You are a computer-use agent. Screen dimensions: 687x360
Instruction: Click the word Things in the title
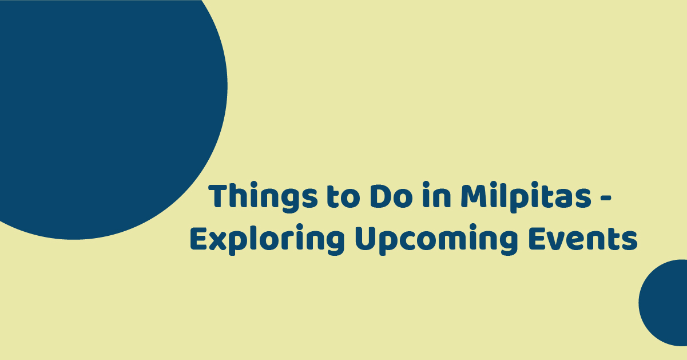point(263,197)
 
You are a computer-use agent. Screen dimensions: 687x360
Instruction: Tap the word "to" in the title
point(343,196)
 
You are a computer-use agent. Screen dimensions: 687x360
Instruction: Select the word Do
point(391,196)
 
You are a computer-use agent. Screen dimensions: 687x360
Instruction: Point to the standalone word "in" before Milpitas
point(436,195)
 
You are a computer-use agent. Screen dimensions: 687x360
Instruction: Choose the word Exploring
point(267,240)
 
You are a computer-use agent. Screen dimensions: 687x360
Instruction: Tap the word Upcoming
point(436,240)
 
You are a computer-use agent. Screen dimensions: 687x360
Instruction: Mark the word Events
point(583,239)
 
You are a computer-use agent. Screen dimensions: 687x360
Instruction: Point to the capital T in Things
point(220,196)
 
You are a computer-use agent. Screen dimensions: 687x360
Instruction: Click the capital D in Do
point(380,196)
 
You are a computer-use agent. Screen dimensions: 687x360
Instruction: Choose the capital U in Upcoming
point(366,239)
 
